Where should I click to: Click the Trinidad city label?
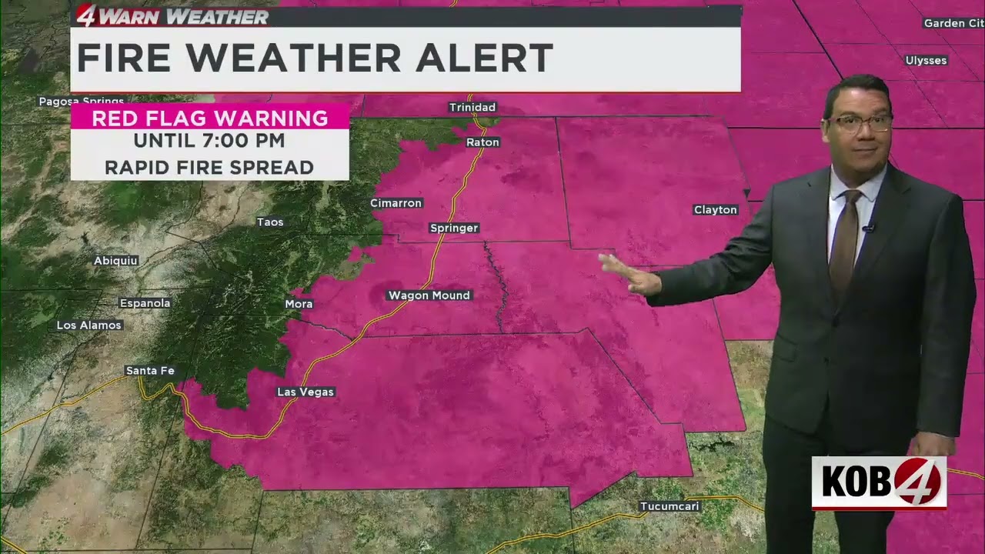click(472, 107)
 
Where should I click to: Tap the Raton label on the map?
click(482, 142)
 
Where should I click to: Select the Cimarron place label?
click(396, 203)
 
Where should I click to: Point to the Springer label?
click(454, 228)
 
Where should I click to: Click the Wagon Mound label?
click(429, 295)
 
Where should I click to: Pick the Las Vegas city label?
click(306, 392)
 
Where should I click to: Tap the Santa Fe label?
click(150, 371)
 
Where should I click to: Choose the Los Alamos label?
click(89, 325)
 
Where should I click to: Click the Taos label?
click(270, 222)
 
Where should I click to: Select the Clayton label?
click(716, 209)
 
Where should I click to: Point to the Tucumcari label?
click(669, 506)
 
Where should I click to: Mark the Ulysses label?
click(926, 60)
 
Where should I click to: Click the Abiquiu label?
click(115, 261)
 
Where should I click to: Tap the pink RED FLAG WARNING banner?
click(209, 118)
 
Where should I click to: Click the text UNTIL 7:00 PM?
click(209, 141)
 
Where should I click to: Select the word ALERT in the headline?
click(483, 58)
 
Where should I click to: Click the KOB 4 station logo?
click(879, 482)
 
